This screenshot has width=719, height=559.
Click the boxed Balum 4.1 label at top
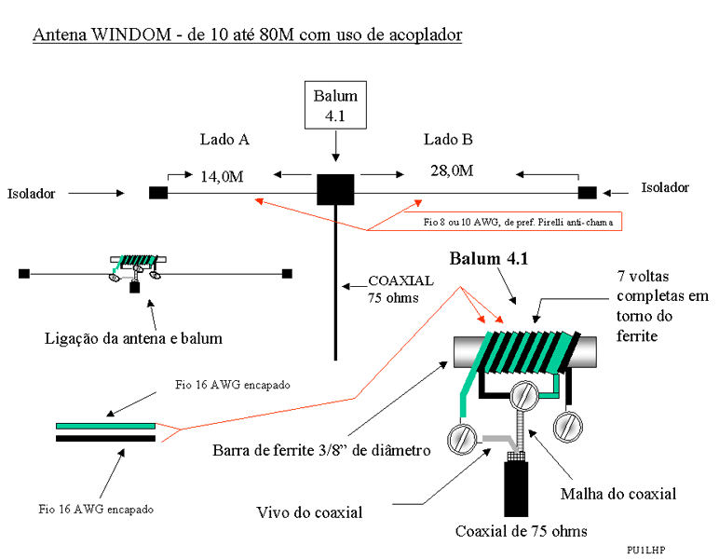335,104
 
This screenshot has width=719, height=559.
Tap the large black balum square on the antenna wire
335,189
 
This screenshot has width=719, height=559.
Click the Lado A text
224,140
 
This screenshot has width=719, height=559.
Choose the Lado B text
448,140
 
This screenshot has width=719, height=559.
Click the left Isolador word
32,194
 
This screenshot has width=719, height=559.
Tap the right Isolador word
665,187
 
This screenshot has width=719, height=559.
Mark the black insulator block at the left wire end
158,193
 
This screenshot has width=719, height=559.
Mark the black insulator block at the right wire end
587,192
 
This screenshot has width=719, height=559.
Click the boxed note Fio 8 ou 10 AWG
515,223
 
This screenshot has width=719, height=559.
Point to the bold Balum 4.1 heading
489,259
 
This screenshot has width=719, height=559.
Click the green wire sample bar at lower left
105,426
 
